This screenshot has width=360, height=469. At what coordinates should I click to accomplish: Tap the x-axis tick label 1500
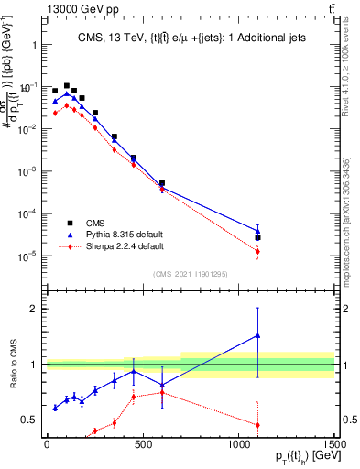[x=333, y=443]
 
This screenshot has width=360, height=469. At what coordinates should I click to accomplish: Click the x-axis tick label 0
[x=46, y=443]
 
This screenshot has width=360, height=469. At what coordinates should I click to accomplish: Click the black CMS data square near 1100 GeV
[x=257, y=237]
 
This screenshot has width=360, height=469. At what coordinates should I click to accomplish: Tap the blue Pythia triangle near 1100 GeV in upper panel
[x=257, y=231]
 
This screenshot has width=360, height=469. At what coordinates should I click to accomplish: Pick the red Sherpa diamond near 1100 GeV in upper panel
[x=257, y=251]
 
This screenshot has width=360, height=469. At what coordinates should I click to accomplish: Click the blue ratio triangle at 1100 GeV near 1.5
[x=257, y=335]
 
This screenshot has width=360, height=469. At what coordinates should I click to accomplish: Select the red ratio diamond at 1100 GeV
[x=257, y=424]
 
